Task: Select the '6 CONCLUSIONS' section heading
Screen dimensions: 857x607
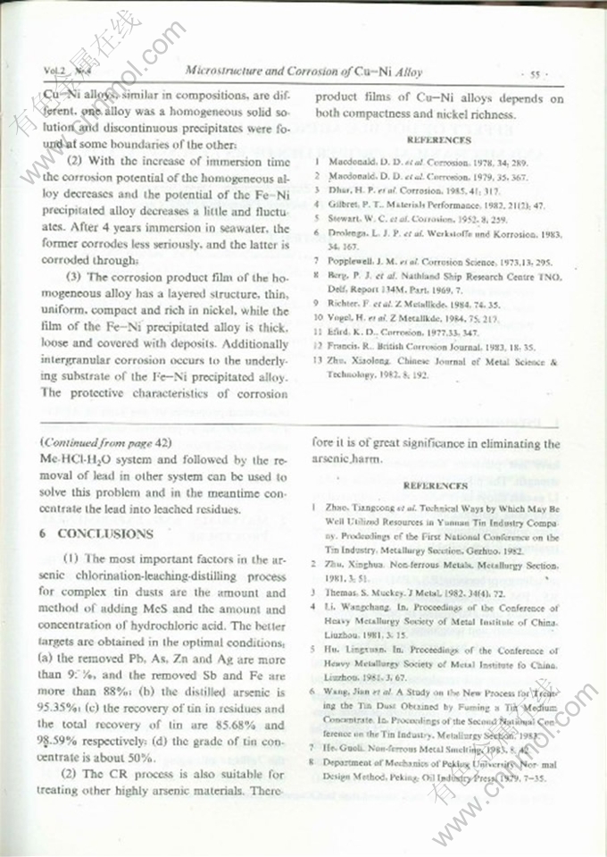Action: point(97,534)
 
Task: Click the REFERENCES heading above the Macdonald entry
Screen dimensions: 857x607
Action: point(438,140)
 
